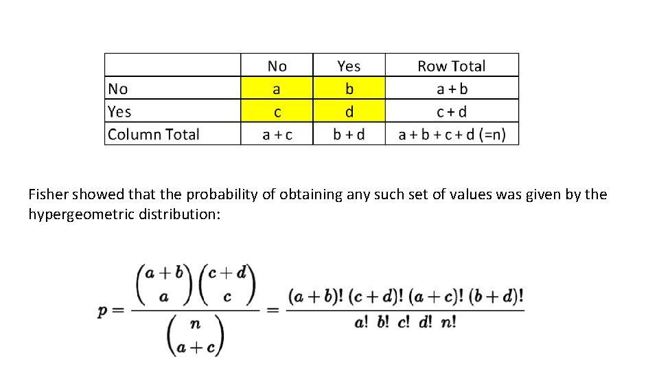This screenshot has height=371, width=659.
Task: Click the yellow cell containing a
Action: click(277, 89)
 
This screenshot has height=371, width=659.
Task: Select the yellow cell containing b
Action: click(349, 89)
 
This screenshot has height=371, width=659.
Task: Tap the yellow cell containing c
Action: click(277, 111)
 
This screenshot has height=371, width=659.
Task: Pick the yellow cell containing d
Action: click(349, 111)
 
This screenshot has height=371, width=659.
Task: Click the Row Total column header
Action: click(451, 66)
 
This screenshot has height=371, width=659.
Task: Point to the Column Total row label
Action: click(154, 134)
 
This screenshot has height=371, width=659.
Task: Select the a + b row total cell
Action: click(452, 89)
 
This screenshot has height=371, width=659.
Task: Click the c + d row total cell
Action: click(452, 111)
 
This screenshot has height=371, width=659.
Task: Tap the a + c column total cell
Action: click(277, 135)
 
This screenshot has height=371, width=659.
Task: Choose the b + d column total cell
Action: click(349, 135)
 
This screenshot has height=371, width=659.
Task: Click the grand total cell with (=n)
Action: click(452, 135)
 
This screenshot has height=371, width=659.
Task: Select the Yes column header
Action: click(349, 66)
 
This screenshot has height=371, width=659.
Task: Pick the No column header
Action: click(277, 66)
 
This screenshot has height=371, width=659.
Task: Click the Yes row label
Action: click(119, 111)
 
